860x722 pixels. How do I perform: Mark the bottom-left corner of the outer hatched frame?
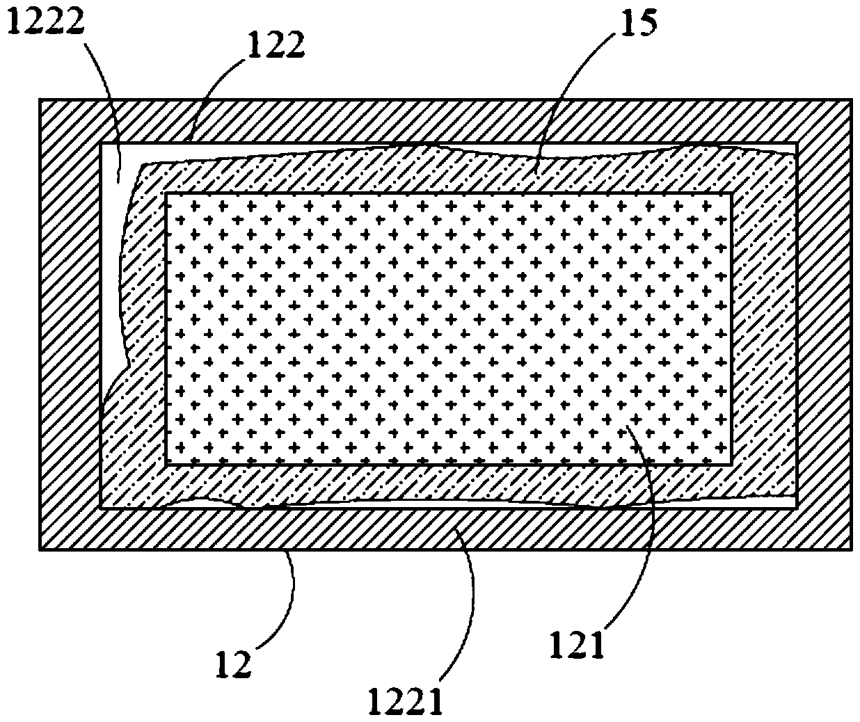pyautogui.click(x=40, y=549)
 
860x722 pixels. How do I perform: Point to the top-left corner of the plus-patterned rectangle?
pyautogui.click(x=166, y=193)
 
